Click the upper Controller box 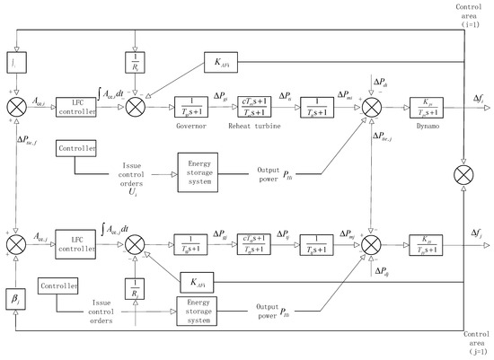pos(78,145)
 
